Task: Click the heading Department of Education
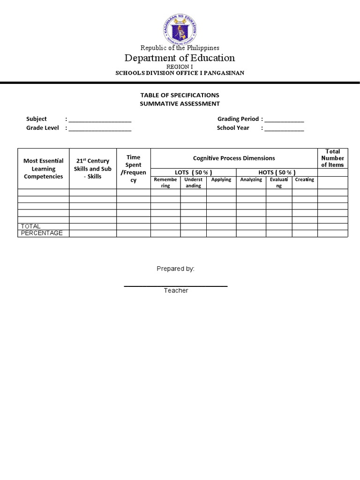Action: coord(180,58)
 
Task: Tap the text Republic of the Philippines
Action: coord(180,47)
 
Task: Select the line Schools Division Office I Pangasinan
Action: coord(180,73)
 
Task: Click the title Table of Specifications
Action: coord(180,95)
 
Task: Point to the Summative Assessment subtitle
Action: coord(180,104)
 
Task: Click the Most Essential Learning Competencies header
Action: coord(44,169)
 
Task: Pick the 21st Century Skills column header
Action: coord(93,169)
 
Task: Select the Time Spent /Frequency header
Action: coord(133,169)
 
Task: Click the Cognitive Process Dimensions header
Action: coord(234,158)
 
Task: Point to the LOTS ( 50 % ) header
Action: coord(193,172)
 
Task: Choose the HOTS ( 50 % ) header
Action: coord(277,172)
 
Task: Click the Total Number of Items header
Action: coord(332,158)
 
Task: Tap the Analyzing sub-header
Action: coord(251,180)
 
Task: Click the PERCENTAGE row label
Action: coord(42,233)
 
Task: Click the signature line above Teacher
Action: coord(176,285)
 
